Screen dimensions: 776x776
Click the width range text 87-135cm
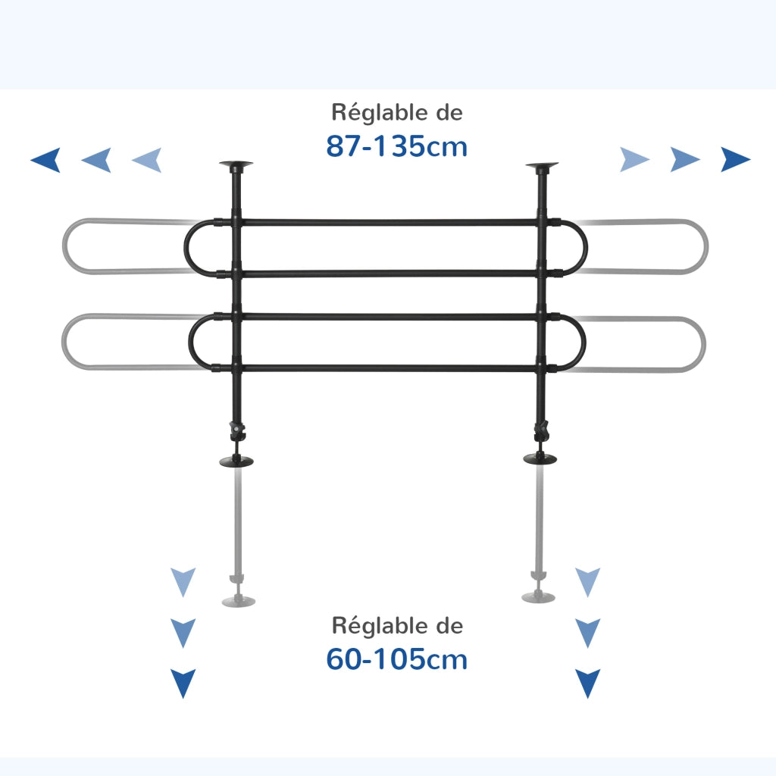[396, 146]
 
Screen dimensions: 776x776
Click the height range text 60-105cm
[396, 659]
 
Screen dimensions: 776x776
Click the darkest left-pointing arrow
[45, 159]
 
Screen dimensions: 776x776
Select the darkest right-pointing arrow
[735, 159]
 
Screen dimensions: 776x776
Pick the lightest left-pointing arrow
[147, 159]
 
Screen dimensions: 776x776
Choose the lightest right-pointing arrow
[634, 159]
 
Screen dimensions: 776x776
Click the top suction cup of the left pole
[236, 164]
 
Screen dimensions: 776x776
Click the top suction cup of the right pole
[542, 164]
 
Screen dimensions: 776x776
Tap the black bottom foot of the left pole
[236, 462]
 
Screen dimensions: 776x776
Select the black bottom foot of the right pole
[540, 458]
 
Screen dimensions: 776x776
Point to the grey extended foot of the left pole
[239, 601]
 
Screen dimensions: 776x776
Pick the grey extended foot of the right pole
[539, 597]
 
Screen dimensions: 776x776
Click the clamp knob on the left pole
[237, 430]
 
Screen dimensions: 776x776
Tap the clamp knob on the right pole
[541, 430]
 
